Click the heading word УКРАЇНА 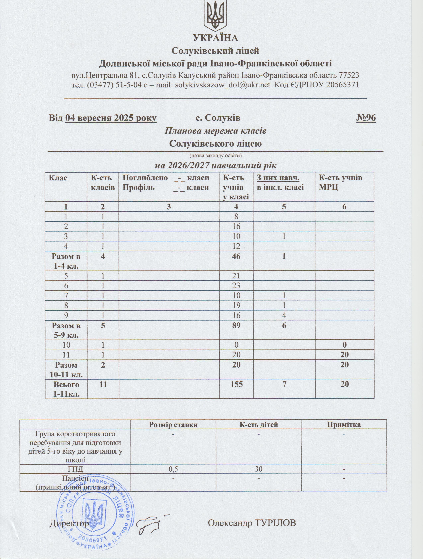216,38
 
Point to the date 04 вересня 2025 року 111,118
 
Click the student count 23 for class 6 236,285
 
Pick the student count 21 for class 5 236,276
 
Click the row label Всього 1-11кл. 66,389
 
